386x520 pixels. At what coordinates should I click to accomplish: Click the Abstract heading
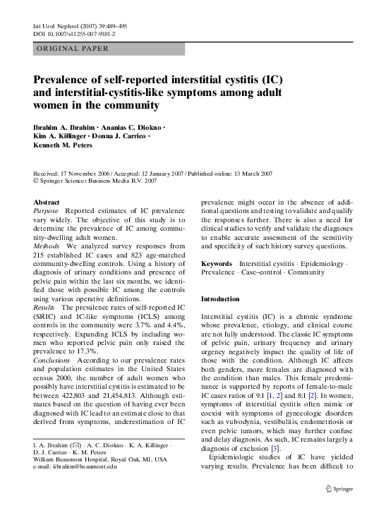click(47, 201)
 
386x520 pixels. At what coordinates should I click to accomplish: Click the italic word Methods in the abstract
click(47, 246)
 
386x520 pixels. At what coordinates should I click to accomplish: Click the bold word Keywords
click(217, 263)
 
